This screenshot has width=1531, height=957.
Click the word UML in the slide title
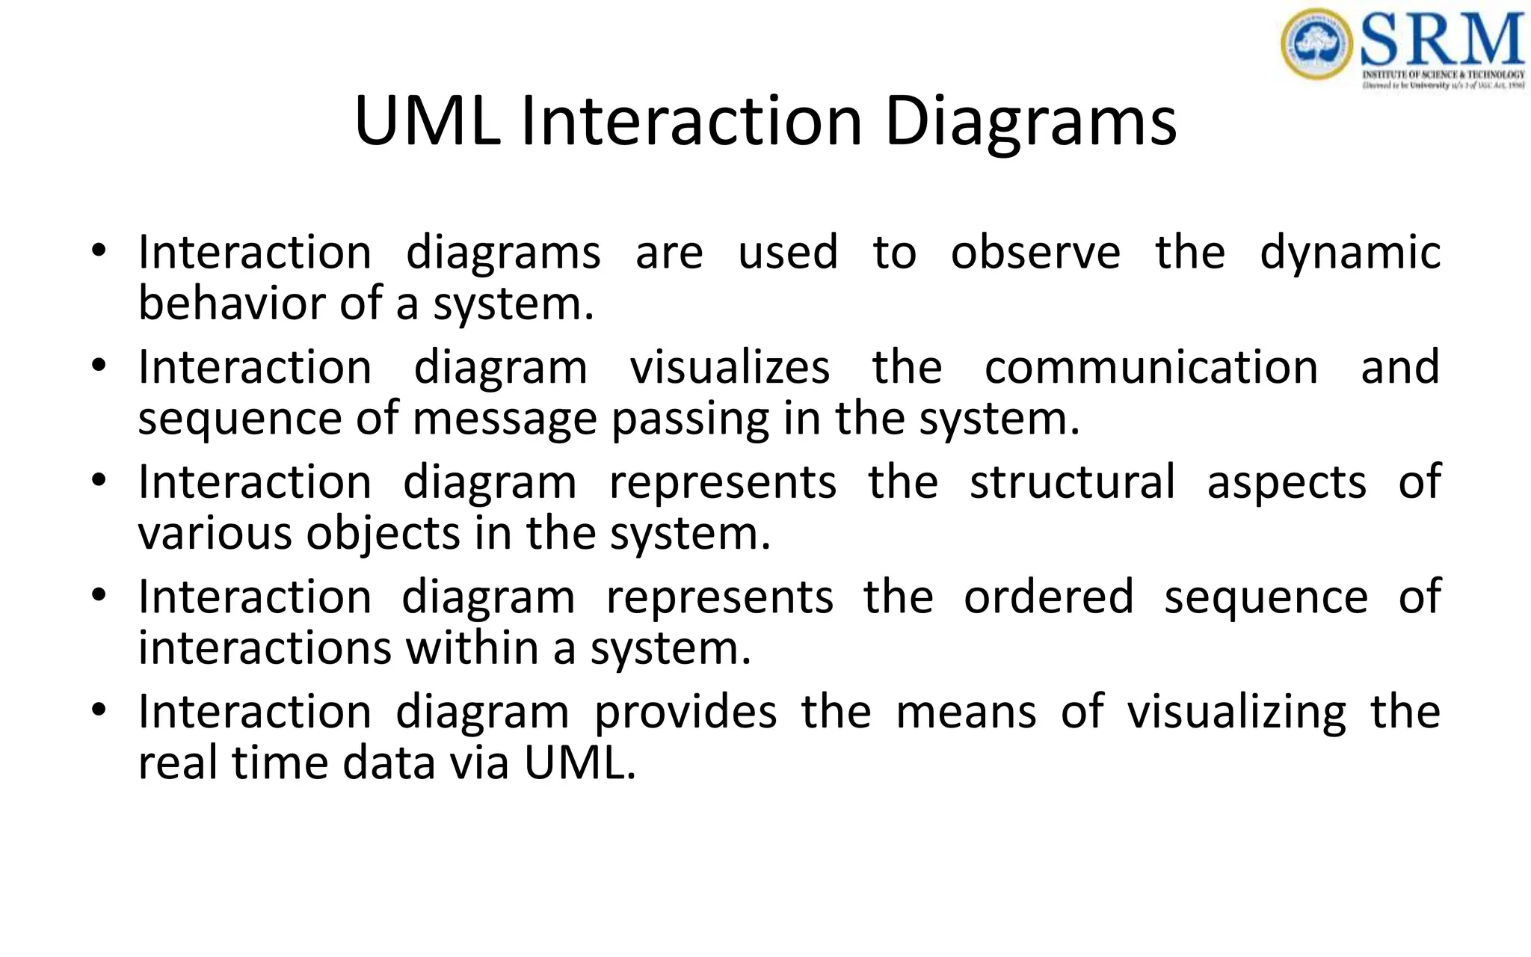coord(427,121)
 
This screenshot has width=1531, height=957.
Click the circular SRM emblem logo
coord(1316,44)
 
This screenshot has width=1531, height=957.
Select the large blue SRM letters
coord(1442,41)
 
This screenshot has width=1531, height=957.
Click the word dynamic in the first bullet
coord(1350,253)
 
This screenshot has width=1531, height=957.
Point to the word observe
coord(1035,252)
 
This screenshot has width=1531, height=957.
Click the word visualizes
coord(730,367)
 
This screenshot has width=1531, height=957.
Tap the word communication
coord(1151,367)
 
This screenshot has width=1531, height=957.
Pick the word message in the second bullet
coord(505,419)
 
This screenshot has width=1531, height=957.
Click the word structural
coord(1073,481)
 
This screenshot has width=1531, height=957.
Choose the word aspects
coord(1287,483)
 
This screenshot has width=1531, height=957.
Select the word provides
coord(686,712)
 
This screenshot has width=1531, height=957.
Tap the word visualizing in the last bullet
coord(1236,713)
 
